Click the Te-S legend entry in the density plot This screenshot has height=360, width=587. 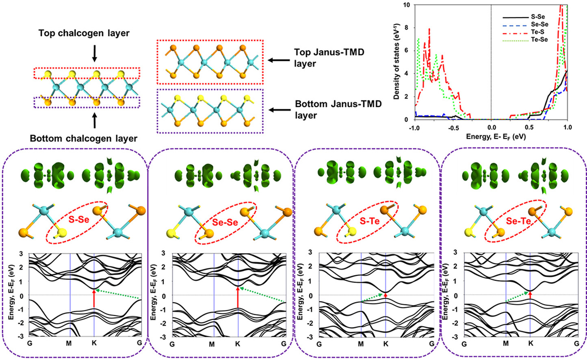point(536,32)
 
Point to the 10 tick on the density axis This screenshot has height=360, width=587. point(406,5)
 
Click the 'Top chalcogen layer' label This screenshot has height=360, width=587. point(84,33)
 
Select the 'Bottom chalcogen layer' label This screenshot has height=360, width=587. point(84,139)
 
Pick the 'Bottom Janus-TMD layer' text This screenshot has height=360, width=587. point(338,109)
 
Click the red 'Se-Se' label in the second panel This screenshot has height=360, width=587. point(225,222)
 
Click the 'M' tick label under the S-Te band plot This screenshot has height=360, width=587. point(361,344)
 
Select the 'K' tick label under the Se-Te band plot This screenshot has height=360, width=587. point(531,344)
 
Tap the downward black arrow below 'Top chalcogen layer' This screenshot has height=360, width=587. point(94,53)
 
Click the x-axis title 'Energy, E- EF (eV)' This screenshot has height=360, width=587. point(496,137)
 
